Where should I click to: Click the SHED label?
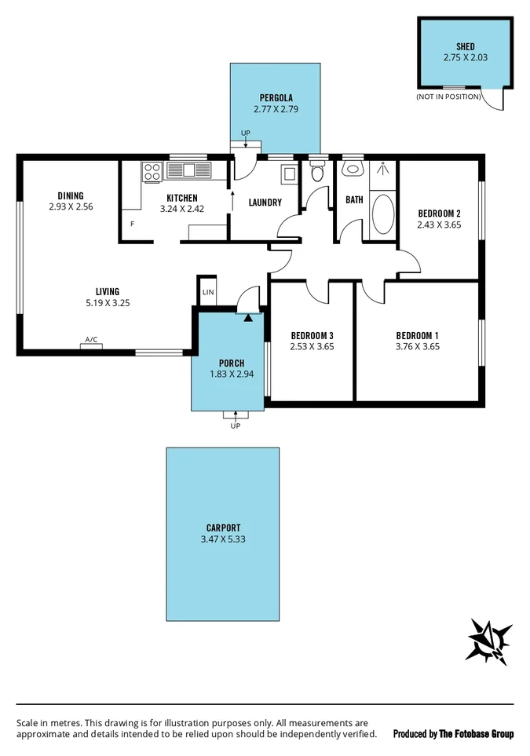[465, 46]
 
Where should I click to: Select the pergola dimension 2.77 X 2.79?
[274, 111]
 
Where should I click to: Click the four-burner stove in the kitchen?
[152, 170]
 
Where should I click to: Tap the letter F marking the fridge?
[132, 225]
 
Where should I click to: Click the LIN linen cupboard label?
[207, 292]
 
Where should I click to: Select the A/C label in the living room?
[91, 340]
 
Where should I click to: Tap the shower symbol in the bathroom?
[383, 168]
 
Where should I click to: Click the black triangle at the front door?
[248, 318]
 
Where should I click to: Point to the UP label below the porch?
[235, 425]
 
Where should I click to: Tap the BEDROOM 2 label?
[438, 214]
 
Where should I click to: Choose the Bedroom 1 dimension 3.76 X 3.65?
[417, 345]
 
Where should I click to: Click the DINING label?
[71, 196]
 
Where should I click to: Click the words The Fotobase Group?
[476, 734]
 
